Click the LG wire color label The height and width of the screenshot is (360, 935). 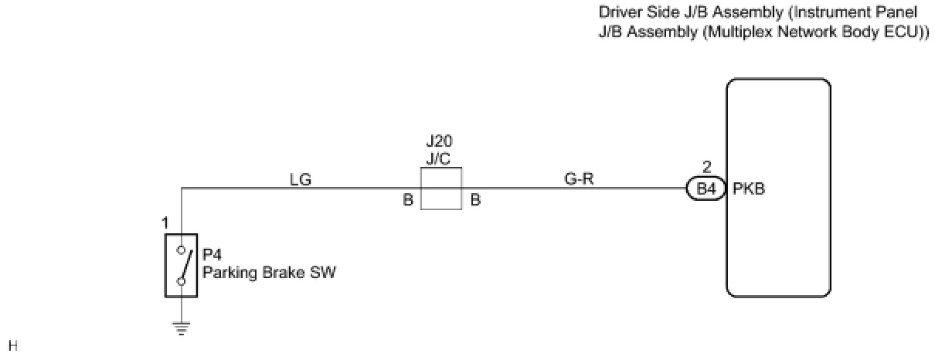pyautogui.click(x=300, y=180)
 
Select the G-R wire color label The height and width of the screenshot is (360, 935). pyautogui.click(x=580, y=180)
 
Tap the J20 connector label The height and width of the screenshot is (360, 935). pyautogui.click(x=440, y=142)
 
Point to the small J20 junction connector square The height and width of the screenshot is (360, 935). pyautogui.click(x=440, y=188)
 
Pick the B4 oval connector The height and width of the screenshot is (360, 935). pyautogui.click(x=705, y=188)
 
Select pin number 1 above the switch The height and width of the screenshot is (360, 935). pyautogui.click(x=165, y=224)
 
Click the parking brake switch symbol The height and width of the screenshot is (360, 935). pyautogui.click(x=181, y=264)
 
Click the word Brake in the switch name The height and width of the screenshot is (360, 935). pyautogui.click(x=275, y=272)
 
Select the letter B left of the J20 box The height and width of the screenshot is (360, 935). pyautogui.click(x=407, y=200)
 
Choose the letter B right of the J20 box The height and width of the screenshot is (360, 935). pyautogui.click(x=475, y=200)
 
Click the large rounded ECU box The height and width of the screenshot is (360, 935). pyautogui.click(x=778, y=188)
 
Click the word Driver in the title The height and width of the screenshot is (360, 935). pyautogui.click(x=618, y=12)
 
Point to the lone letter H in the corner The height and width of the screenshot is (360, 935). pyautogui.click(x=12, y=345)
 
